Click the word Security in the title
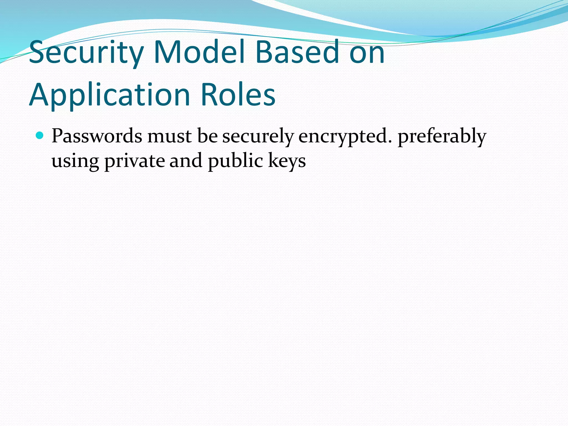point(86,53)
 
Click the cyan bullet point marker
point(40,135)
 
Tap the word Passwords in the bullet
point(97,136)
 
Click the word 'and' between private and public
point(186,161)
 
